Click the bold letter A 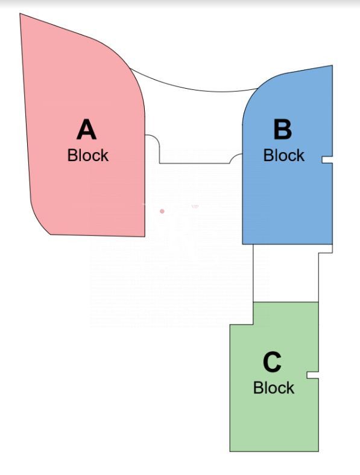point(87,129)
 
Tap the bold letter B point(282,129)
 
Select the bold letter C point(272,362)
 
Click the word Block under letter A point(88,155)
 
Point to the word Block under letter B point(283,155)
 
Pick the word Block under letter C point(274,387)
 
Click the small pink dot point(162,211)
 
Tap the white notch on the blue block point(327,160)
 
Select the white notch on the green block point(312,375)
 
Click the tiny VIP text point(195,206)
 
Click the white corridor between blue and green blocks point(285,273)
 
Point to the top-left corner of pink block point(20,14)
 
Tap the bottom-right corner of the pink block point(145,236)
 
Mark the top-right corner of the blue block point(332,65)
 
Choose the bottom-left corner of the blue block point(242,244)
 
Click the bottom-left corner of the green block point(230,451)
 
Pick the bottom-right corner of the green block point(318,451)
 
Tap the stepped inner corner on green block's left point(253,325)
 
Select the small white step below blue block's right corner point(326,249)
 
